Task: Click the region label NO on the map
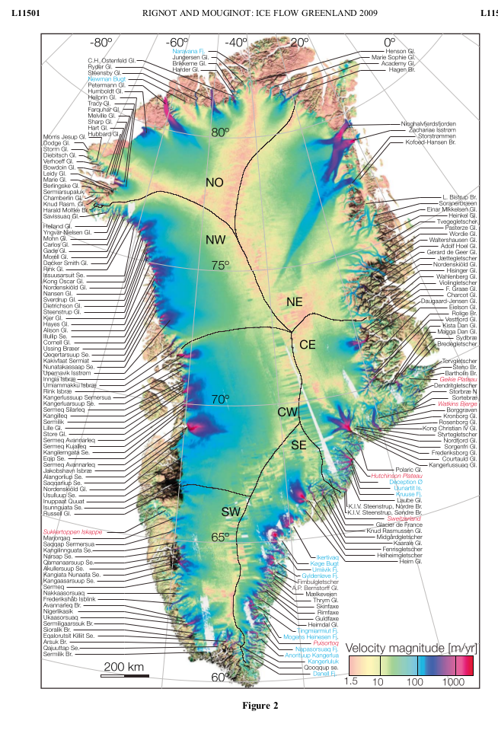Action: [x=215, y=182]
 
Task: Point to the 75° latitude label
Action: [x=220, y=265]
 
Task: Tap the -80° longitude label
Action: [x=100, y=43]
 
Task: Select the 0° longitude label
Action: [x=390, y=43]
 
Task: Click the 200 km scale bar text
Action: [x=124, y=667]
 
